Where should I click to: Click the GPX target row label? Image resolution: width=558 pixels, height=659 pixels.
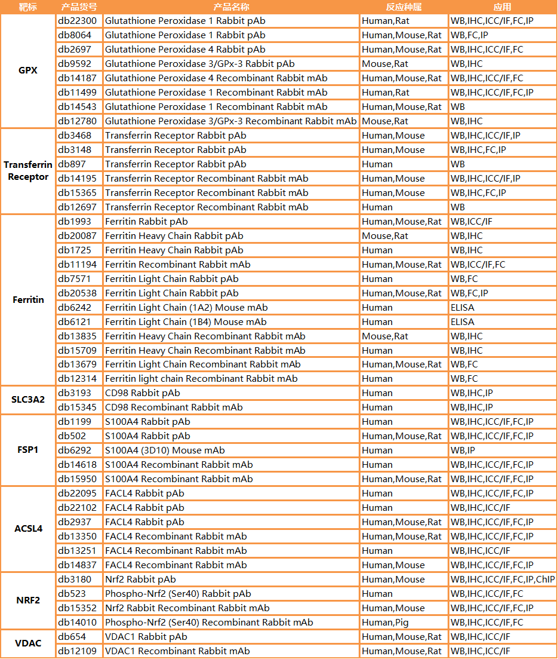point(27,71)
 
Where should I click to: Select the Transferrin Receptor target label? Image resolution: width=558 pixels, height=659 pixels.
point(28,170)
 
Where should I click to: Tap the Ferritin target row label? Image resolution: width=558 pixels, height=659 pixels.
point(28,299)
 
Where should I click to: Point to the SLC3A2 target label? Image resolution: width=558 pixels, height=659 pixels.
point(28,400)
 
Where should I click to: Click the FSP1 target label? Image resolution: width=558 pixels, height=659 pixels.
point(28,449)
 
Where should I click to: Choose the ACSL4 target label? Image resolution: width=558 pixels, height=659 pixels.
point(28,529)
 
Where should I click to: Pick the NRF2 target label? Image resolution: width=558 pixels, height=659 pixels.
point(28,600)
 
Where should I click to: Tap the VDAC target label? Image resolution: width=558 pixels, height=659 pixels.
point(28,643)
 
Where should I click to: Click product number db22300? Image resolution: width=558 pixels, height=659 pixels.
point(78,21)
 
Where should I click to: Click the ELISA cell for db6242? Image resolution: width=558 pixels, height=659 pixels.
point(463,308)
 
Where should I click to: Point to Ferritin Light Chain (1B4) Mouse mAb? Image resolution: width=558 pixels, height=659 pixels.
point(186,322)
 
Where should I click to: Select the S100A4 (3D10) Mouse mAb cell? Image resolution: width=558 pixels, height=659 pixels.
point(165,450)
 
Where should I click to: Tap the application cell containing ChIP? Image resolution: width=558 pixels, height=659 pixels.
point(502,580)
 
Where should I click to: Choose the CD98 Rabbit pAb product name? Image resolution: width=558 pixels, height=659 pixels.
point(142,393)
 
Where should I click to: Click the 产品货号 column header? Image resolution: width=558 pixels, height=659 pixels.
point(79,7)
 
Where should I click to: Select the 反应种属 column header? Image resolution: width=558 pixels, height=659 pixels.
point(403,7)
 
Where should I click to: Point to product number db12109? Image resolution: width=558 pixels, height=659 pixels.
point(78,651)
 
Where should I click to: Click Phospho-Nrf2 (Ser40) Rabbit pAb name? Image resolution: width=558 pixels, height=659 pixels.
point(178,594)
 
